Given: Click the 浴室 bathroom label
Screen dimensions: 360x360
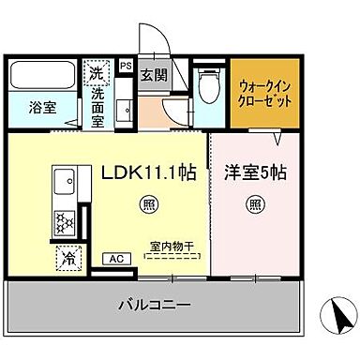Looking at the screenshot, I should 41,106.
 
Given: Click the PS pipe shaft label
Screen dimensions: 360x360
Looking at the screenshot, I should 125,67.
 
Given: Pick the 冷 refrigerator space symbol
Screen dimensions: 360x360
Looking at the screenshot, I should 67,255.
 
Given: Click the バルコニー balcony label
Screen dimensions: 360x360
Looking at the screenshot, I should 154,306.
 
